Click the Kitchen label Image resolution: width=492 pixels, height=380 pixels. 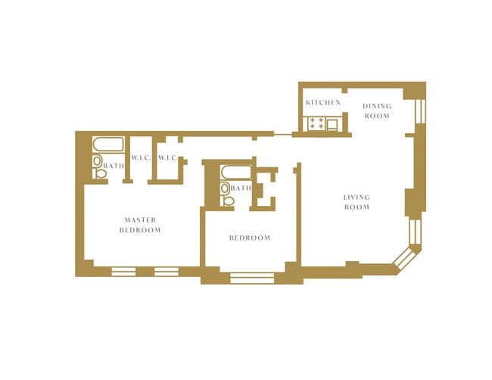(x=323, y=103)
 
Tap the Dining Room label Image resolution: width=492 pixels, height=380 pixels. (x=377, y=111)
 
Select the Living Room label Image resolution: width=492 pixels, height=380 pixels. (x=357, y=202)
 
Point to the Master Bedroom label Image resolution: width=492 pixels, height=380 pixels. (x=140, y=225)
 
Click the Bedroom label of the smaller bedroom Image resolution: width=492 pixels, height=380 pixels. (x=250, y=238)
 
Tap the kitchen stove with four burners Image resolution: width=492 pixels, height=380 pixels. (x=316, y=123)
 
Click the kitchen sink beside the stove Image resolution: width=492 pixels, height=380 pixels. (x=332, y=125)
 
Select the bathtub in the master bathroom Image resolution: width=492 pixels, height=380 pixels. (x=108, y=145)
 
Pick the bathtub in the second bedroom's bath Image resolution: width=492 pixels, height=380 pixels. (x=236, y=173)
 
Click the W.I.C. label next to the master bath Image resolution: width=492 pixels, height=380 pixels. (x=141, y=157)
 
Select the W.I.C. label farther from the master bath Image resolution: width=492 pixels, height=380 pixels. (x=168, y=157)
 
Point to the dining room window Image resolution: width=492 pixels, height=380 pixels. (x=420, y=111)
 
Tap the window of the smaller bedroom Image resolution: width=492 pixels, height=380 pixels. (x=252, y=278)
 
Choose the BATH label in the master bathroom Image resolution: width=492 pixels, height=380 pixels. (x=114, y=166)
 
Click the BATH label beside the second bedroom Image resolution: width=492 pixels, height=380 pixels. (x=241, y=188)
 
